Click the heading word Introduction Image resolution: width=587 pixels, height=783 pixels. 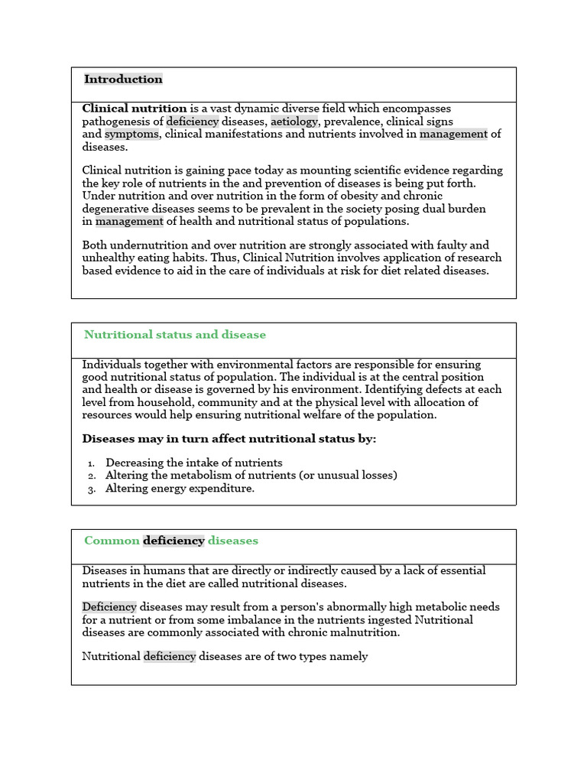point(123,80)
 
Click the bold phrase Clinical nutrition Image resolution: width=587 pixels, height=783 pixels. point(135,109)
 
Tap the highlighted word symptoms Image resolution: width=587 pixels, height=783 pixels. point(131,135)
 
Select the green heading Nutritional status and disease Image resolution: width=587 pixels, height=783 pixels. point(175,335)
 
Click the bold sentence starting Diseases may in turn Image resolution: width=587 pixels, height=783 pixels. point(229,439)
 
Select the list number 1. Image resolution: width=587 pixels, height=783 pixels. point(90,463)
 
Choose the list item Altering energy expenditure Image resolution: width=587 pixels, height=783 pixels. point(180,489)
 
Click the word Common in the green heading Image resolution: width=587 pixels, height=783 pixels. point(112,541)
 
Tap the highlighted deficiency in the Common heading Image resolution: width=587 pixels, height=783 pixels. point(174,541)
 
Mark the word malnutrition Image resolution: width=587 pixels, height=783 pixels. point(363,633)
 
